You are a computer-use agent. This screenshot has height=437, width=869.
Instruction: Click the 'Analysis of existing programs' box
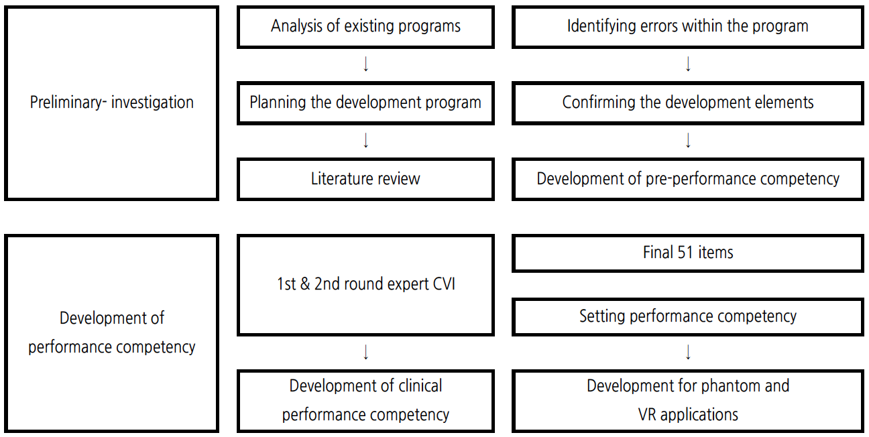365,27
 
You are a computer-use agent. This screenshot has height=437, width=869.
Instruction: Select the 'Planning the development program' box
365,103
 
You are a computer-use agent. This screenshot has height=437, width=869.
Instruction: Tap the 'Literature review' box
365,179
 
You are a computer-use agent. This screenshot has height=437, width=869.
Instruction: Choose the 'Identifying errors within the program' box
688,27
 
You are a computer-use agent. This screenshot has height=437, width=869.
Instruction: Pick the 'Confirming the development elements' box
688,103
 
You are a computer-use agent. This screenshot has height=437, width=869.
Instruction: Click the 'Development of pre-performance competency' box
688,179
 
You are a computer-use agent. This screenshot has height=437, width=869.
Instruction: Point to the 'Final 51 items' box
688,253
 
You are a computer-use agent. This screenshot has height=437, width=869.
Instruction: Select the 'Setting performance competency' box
688,316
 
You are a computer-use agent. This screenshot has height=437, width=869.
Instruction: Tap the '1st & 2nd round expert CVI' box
365,285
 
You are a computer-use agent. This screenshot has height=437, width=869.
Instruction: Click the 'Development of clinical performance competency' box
365,401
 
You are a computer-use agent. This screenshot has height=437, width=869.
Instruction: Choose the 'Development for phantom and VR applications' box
688,401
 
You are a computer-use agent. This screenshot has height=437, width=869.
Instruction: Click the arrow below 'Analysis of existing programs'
366,64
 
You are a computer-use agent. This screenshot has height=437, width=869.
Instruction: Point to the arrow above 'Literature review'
366,140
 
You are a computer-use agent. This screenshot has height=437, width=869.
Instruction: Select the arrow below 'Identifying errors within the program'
688,64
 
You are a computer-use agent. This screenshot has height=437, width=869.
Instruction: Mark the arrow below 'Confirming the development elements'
688,140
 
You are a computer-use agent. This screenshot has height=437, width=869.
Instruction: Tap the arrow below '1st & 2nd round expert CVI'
366,352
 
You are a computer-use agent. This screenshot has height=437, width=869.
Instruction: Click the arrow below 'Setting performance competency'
688,352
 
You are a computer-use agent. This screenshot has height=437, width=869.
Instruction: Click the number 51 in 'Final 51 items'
685,253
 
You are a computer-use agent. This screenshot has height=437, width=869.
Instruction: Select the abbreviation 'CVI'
444,284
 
